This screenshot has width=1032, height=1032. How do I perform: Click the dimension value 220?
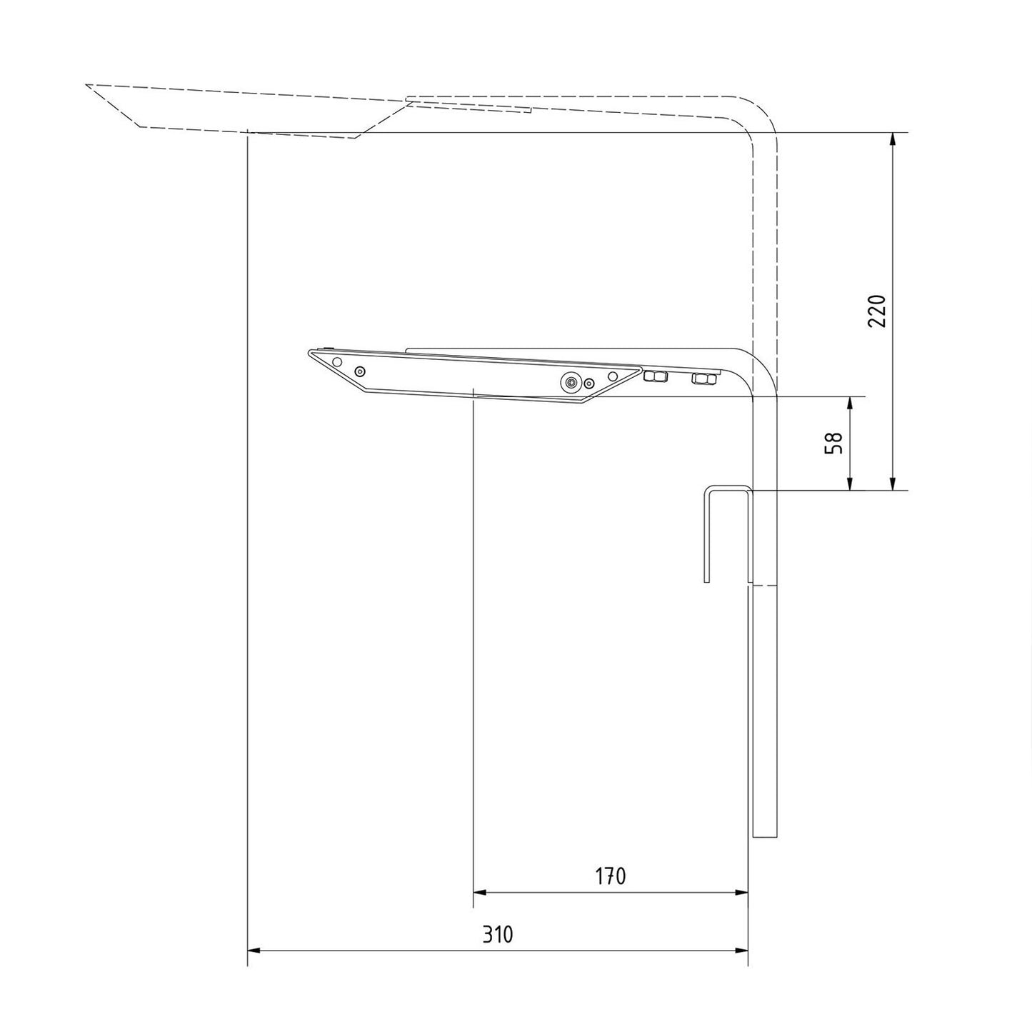pyautogui.click(x=876, y=311)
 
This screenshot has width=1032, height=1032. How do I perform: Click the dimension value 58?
pyautogui.click(x=834, y=443)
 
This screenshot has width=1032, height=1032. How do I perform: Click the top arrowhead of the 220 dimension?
pyautogui.click(x=892, y=139)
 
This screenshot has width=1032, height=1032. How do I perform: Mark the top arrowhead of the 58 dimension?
pyautogui.click(x=850, y=404)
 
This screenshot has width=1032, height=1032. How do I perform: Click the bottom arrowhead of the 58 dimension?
pyautogui.click(x=850, y=483)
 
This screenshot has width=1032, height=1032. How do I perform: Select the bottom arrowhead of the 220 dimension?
pyautogui.click(x=892, y=483)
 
